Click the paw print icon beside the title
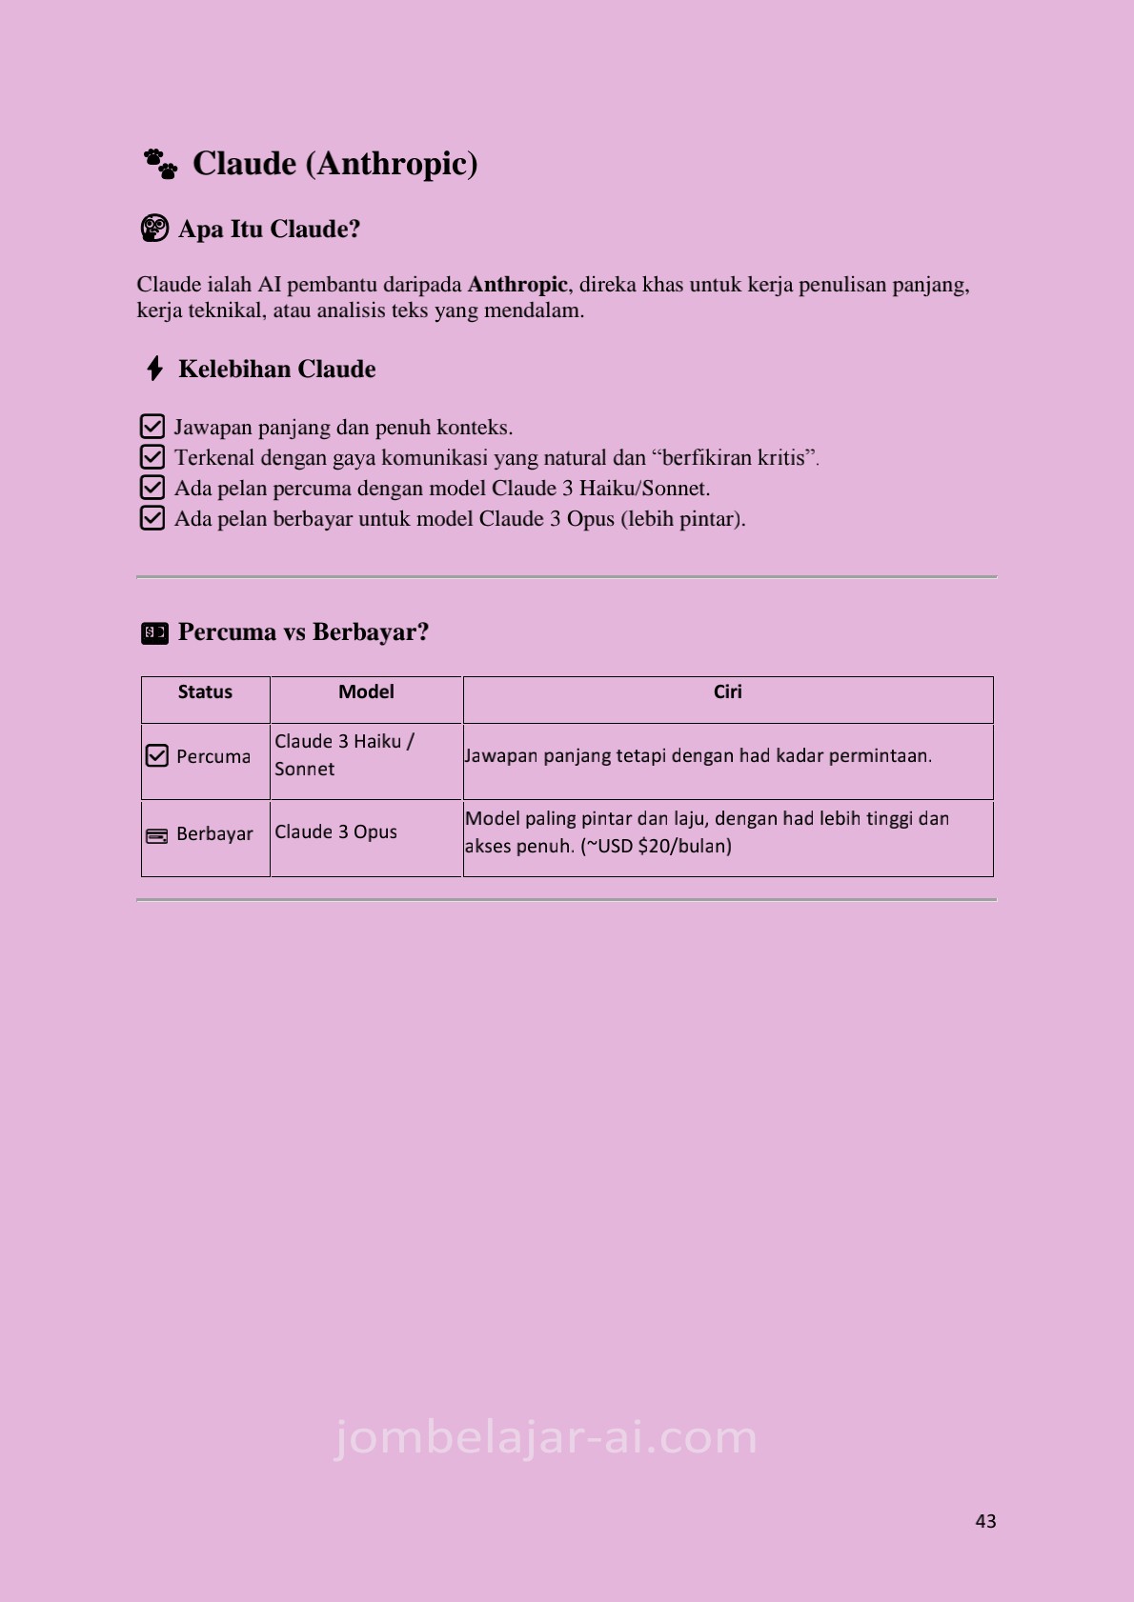[x=160, y=164]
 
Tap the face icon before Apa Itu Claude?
[x=154, y=229]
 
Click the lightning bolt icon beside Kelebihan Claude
[x=154, y=369]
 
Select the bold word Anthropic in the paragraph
[x=517, y=285]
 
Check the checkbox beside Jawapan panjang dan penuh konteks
[x=152, y=427]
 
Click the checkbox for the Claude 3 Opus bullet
[x=152, y=518]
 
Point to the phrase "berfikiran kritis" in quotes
[x=735, y=458]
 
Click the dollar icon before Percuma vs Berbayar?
[x=154, y=632]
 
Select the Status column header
[x=205, y=692]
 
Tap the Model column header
[x=366, y=692]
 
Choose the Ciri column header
[x=727, y=692]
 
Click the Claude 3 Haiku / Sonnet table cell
[x=344, y=755]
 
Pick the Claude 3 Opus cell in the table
[x=335, y=832]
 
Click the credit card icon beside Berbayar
[x=156, y=835]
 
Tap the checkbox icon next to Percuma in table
[x=156, y=756]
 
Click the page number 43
[x=985, y=1521]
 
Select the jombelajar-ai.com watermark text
[x=546, y=1437]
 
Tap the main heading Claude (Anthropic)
[x=334, y=164]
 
